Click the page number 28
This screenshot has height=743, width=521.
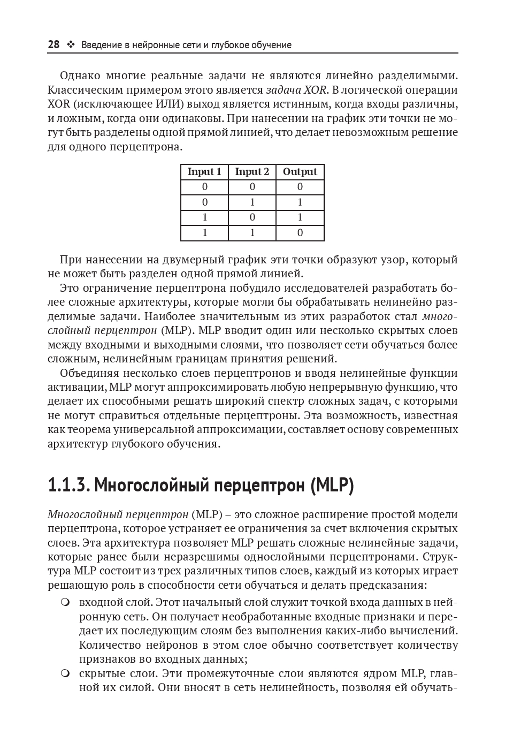coord(53,45)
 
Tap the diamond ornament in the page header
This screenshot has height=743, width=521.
coord(70,45)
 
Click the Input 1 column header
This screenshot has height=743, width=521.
coord(204,172)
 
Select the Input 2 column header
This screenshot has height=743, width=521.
coord(252,172)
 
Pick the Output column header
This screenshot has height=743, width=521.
coord(300,172)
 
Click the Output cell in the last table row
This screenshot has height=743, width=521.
coord(300,233)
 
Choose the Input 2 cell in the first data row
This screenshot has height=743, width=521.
coord(252,187)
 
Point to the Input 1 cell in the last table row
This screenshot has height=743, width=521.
coord(204,233)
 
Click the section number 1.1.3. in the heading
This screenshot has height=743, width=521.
coord(68,486)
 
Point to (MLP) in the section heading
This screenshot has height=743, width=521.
coord(332,486)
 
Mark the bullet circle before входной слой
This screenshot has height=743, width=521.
coord(65,602)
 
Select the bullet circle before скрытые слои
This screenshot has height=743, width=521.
coord(65,673)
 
